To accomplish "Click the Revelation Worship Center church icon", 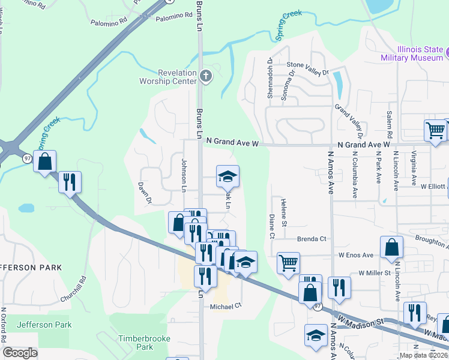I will point(206,76).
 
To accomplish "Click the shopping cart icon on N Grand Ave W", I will point(435,130).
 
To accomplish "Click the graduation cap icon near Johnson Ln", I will point(228,176).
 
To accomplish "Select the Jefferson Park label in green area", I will point(44,325).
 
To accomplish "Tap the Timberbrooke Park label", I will point(136,343).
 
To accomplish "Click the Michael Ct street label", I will point(225,305).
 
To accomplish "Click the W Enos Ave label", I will point(356,255).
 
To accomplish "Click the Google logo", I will point(20,353).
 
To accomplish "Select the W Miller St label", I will point(375,273).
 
